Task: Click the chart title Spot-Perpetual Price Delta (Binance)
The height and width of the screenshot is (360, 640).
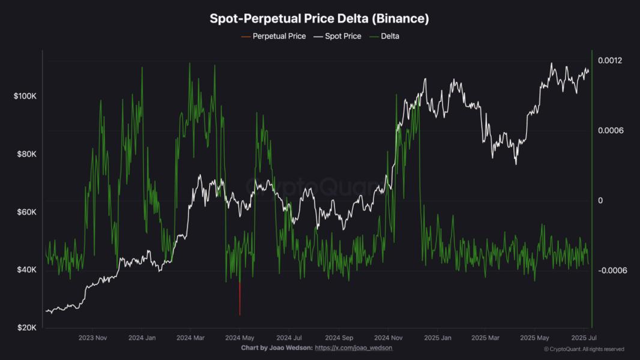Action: pos(319,19)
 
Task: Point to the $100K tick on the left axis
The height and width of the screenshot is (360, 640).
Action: pos(25,96)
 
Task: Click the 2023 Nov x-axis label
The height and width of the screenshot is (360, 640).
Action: pos(93,338)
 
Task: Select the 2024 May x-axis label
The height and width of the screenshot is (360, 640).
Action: pos(240,338)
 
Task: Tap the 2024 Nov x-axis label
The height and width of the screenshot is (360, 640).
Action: pos(387,338)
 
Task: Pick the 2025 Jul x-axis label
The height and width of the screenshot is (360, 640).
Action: pos(584,338)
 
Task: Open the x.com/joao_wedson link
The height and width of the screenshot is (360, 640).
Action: pos(354,348)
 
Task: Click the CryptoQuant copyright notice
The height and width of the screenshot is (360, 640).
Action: pos(584,349)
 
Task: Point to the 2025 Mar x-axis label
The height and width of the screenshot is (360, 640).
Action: pos(486,338)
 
